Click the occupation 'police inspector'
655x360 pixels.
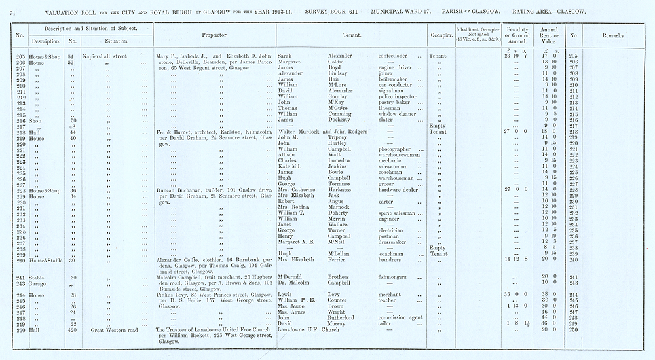coord(400,96)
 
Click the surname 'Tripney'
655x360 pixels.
coord(340,137)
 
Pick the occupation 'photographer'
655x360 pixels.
coord(398,149)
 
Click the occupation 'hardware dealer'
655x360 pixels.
coord(400,190)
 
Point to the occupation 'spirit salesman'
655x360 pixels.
coord(401,213)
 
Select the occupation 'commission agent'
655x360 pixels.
coord(402,317)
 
